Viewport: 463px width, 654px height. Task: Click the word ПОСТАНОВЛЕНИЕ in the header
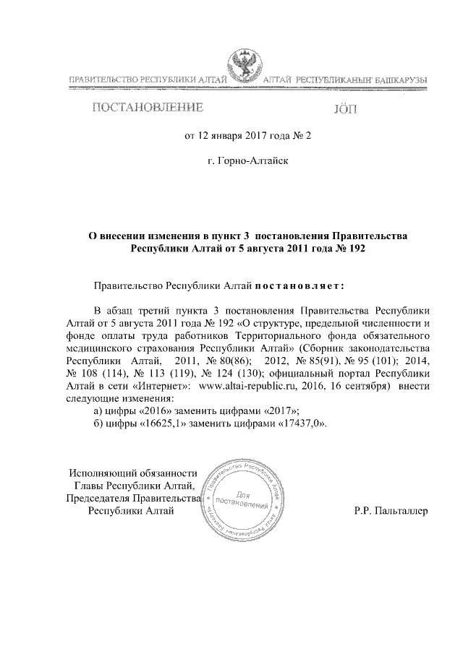coord(145,108)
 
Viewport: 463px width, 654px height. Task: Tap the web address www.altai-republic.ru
coord(241,387)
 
